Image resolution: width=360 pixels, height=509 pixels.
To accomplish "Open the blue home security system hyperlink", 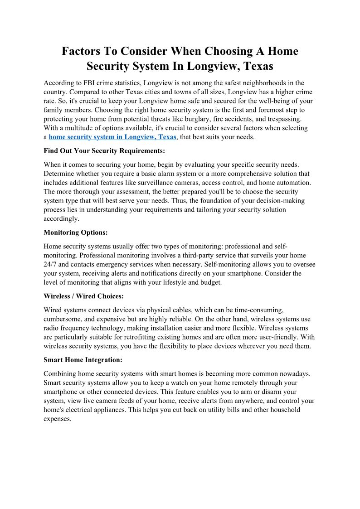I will click(112, 137).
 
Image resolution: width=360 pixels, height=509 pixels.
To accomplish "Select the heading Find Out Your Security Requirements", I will click(104, 150).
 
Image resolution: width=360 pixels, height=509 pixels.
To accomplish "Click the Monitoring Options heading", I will click(76, 233).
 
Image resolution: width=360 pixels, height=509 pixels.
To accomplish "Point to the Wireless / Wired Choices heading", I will click(83, 296).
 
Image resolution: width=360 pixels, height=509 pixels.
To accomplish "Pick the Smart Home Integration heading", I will click(83, 360).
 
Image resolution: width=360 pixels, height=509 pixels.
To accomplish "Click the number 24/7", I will click(51, 264).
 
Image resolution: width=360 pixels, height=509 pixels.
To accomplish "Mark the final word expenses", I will click(57, 419).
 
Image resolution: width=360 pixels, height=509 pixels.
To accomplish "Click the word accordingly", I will click(61, 218).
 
